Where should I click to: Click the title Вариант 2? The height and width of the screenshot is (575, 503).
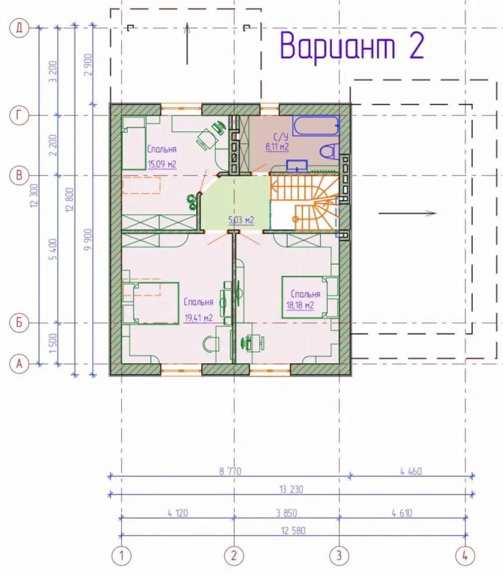[x=352, y=47]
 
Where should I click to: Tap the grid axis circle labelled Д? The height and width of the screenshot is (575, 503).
[x=19, y=28]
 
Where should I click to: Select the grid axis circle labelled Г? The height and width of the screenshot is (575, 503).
[x=19, y=116]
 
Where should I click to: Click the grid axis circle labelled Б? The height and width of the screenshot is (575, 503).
[x=19, y=323]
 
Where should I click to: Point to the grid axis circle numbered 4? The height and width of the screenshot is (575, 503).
[x=465, y=555]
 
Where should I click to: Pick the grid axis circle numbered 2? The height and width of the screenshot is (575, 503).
[x=234, y=555]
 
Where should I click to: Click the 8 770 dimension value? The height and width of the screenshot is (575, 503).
[x=230, y=471]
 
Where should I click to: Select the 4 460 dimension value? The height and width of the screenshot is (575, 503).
[x=411, y=471]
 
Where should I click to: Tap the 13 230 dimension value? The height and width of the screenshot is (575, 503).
[x=291, y=489]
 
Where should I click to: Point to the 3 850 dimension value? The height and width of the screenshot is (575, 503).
[x=286, y=513]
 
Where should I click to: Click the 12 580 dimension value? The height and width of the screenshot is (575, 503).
[x=293, y=531]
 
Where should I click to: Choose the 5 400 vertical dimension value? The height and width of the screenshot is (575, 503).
[x=53, y=250]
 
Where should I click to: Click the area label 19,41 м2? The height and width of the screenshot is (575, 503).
[x=198, y=317]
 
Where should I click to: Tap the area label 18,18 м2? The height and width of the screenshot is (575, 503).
[x=300, y=305]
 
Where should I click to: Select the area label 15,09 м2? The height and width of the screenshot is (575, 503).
[x=162, y=164]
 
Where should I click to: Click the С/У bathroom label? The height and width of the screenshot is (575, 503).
[x=281, y=137]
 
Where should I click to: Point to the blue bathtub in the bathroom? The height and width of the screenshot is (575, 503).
[x=316, y=126]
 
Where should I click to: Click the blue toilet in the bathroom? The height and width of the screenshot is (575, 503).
[x=329, y=151]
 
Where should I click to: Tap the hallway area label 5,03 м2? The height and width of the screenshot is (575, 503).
[x=241, y=220]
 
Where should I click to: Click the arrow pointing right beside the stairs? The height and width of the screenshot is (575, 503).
[x=407, y=213]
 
